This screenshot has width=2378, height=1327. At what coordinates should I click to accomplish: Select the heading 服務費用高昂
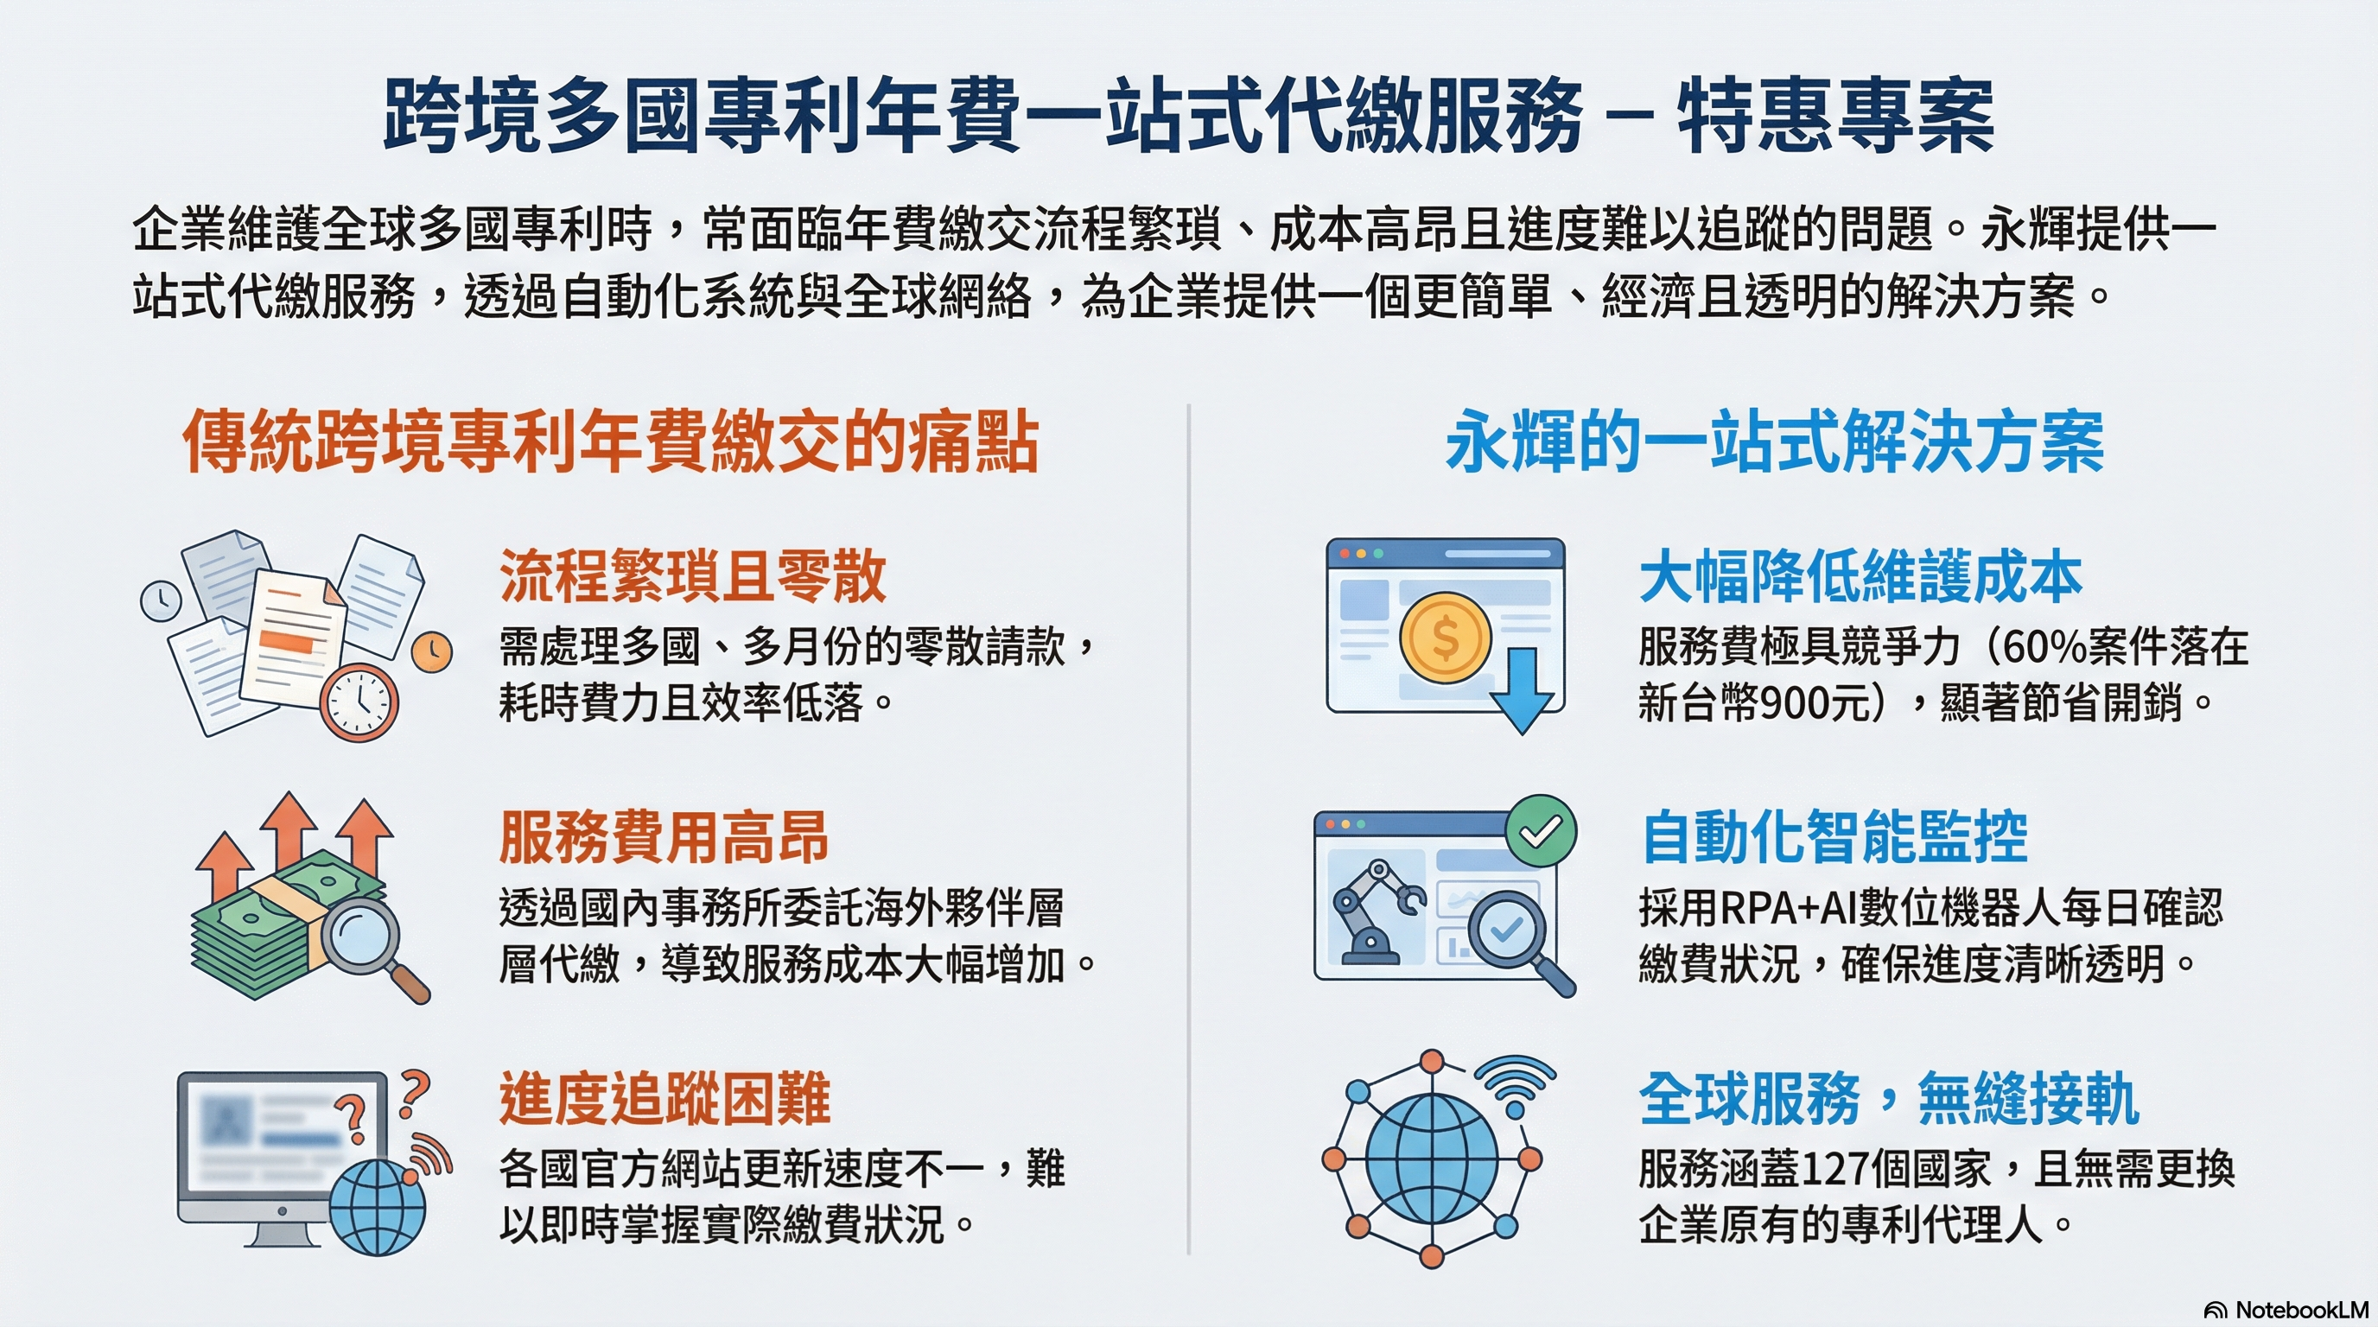point(664,837)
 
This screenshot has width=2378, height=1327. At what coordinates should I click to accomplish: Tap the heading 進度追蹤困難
point(664,1098)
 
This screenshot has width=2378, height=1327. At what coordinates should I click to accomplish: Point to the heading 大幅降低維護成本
point(1860,576)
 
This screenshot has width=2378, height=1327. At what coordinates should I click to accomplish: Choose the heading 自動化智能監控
point(1834,837)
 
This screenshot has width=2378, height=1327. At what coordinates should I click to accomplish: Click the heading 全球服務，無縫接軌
point(1889,1098)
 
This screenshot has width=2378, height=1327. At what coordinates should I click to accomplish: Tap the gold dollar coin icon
point(1446,638)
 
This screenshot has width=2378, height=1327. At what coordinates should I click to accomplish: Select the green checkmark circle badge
point(1541,830)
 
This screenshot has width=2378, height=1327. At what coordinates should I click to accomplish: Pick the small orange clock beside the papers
point(431,652)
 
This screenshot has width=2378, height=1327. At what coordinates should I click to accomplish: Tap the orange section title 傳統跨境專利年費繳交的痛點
point(611,441)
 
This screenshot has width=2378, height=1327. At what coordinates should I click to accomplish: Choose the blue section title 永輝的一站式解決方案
point(1775,441)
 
